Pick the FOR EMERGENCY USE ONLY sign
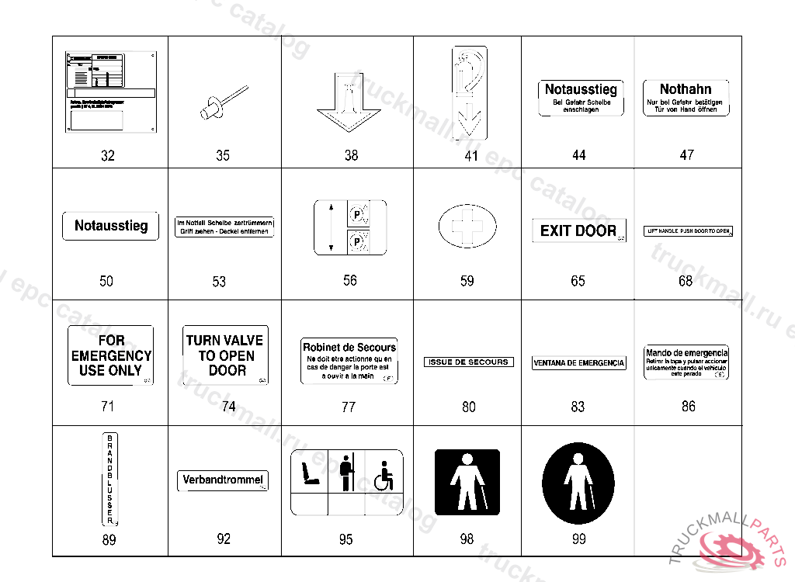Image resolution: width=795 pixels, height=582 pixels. (x=110, y=355)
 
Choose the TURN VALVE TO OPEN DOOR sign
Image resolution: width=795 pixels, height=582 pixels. (x=226, y=355)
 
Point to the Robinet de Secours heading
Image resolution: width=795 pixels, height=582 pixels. (x=349, y=347)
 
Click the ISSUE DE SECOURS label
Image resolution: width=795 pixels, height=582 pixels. (x=468, y=362)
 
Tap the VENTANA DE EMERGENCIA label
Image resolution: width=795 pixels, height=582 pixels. (x=578, y=363)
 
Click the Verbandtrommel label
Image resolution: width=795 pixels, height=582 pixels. (x=223, y=480)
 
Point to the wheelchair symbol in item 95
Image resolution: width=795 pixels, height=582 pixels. (x=384, y=476)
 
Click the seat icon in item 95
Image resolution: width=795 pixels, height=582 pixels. (x=309, y=473)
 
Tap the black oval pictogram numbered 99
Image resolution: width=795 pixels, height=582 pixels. (x=578, y=485)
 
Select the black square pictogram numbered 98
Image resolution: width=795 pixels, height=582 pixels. (x=466, y=483)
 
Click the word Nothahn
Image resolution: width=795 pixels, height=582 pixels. (x=686, y=89)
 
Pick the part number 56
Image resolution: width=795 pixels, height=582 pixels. (x=350, y=280)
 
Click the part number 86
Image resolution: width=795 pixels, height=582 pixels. (x=688, y=407)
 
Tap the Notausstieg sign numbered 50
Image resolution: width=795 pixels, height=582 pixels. (x=110, y=227)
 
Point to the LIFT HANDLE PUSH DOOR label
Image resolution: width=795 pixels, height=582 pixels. (x=689, y=231)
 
